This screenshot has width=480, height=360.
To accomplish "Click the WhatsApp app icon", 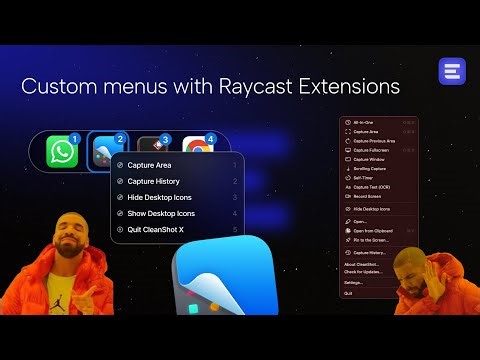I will tap(62, 152).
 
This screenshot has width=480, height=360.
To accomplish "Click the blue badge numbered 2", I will tap(120, 138).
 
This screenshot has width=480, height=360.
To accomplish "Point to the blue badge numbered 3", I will tap(166, 138).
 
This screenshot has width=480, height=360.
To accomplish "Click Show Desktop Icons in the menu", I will tap(161, 213).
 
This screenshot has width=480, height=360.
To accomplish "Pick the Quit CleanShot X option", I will tap(156, 229).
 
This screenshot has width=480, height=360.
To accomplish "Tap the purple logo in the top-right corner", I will tap(451, 72).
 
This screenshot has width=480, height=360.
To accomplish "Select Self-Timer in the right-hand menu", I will tap(362, 177).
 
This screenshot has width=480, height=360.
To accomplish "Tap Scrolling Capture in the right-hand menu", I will tap(368, 169).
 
